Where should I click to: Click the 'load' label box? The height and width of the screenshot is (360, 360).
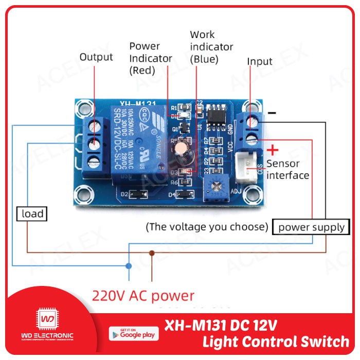32,213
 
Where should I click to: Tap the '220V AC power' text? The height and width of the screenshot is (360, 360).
143,296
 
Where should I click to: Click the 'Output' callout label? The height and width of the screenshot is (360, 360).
96,57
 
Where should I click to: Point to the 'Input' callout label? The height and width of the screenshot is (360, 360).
260,62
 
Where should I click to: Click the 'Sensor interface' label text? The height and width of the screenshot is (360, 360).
288,170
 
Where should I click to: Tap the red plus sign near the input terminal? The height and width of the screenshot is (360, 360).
274,150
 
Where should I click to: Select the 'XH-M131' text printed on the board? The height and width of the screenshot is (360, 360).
134,103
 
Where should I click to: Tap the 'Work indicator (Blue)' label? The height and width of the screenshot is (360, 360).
211,47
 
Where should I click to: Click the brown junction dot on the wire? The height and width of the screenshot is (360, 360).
151,253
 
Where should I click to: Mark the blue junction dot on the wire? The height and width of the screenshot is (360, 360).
129,266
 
